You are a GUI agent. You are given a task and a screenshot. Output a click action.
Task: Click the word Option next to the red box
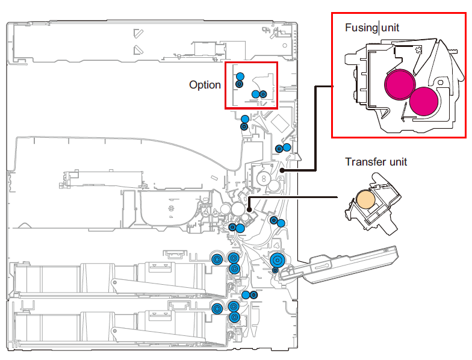(205, 85)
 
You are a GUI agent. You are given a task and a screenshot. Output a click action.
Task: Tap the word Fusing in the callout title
(361, 28)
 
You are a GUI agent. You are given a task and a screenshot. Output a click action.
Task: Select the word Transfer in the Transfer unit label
(364, 162)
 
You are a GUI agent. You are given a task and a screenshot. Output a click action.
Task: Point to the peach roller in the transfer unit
(366, 200)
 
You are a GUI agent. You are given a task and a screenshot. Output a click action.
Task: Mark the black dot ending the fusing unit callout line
(283, 170)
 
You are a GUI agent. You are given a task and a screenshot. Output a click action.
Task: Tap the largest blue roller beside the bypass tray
(278, 259)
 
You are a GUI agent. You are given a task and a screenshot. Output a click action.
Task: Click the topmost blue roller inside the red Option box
(240, 76)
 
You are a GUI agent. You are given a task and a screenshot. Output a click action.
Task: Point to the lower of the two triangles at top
(138, 49)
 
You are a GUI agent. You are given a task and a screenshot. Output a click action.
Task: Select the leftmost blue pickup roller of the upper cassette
(217, 259)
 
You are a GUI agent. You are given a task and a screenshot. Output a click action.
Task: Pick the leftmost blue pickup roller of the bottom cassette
(217, 307)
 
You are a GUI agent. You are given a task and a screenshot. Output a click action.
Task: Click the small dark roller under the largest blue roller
(276, 270)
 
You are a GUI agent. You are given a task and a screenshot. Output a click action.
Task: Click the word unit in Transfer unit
(396, 162)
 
